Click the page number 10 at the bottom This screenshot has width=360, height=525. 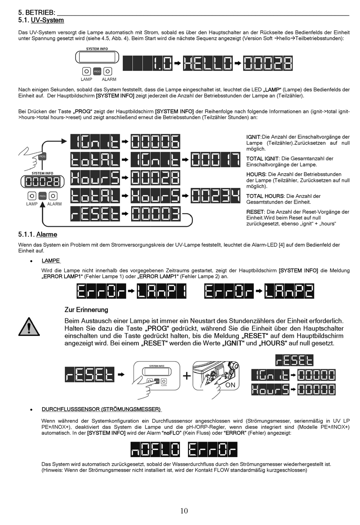coord(184,511)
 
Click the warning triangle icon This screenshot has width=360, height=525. coord(29,327)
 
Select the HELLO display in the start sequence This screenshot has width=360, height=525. coord(208,63)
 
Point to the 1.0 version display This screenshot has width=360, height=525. coord(148,63)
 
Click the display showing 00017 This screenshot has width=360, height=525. coord(216,160)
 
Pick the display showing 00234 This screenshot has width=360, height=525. coord(216,196)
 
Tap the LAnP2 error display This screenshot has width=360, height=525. coord(290,291)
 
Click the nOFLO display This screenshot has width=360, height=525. coord(155,450)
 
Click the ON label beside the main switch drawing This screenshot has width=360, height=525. coord(230,385)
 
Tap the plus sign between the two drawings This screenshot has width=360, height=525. coord(186,376)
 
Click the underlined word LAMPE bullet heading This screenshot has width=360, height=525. coord(51,261)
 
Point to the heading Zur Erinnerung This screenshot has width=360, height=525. coord(86,310)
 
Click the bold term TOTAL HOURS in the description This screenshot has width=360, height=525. coord(265,196)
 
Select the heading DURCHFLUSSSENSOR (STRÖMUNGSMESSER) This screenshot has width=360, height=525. coord(101,409)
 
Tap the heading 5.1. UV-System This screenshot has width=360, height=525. coord(41,20)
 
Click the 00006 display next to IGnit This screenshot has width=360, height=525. coord(156,142)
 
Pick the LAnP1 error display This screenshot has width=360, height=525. coord(162,291)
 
